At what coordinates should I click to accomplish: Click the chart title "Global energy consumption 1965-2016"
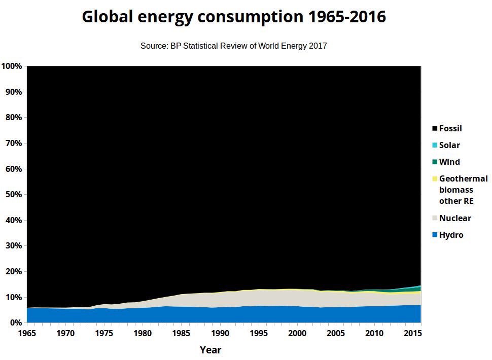point(234,17)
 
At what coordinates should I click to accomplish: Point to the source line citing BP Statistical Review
point(234,46)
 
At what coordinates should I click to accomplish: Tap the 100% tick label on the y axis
point(11,66)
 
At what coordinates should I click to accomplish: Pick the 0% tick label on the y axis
point(15,323)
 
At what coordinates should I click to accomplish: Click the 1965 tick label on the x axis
point(26,333)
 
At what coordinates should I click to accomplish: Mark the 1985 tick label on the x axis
point(181,333)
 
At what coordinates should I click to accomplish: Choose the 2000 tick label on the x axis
point(297,333)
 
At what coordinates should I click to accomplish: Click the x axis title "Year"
point(210,350)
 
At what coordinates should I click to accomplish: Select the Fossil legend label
point(450,129)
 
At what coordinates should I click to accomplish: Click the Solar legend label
point(449,146)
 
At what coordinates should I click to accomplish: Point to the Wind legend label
point(449,162)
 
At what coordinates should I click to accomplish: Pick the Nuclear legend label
point(455,219)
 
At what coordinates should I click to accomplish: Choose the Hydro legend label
point(451,235)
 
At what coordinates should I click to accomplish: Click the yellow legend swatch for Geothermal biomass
point(435,179)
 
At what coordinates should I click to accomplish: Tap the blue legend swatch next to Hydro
point(435,235)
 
